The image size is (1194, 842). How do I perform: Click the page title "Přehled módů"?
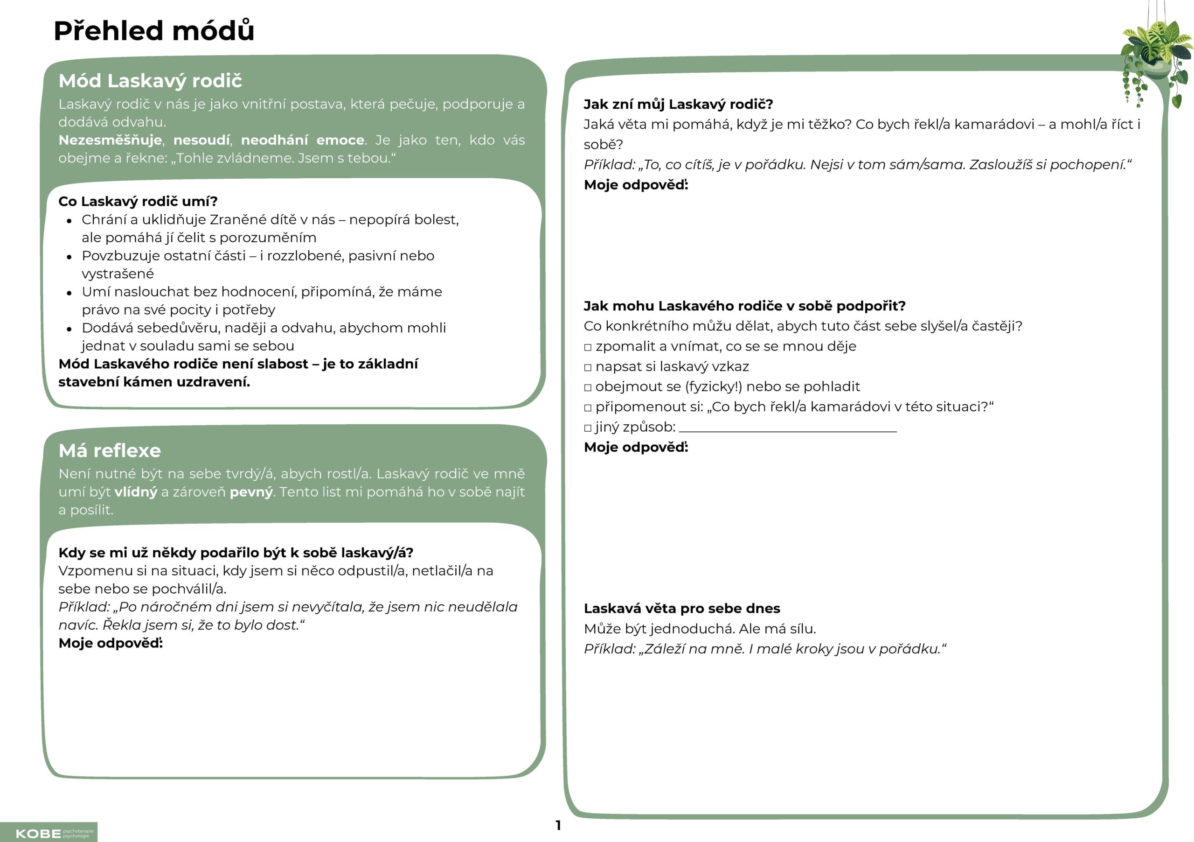(154, 31)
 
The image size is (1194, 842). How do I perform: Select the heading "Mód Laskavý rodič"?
(150, 81)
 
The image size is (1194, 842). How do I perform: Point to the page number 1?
(558, 825)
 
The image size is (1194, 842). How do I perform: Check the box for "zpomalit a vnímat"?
(588, 347)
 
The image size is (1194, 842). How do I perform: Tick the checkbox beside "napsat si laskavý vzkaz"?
(588, 367)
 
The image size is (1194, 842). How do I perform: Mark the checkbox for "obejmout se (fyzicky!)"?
(588, 387)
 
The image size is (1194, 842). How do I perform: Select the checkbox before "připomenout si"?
(588, 407)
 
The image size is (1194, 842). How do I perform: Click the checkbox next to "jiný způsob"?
(588, 428)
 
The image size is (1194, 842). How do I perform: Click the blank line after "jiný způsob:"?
(787, 430)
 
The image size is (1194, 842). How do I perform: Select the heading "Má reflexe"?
(110, 451)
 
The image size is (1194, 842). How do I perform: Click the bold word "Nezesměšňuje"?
(110, 140)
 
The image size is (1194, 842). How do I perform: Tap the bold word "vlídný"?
(136, 492)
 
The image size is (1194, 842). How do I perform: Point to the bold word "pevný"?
(251, 492)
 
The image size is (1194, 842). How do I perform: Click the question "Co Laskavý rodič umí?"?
(138, 201)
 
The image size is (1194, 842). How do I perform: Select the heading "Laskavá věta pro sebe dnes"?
(682, 608)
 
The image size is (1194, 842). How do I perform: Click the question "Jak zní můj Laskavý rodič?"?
(678, 104)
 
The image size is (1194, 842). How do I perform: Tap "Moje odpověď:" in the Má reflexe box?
(110, 643)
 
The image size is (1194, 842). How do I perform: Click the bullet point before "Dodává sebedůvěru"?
(69, 329)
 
